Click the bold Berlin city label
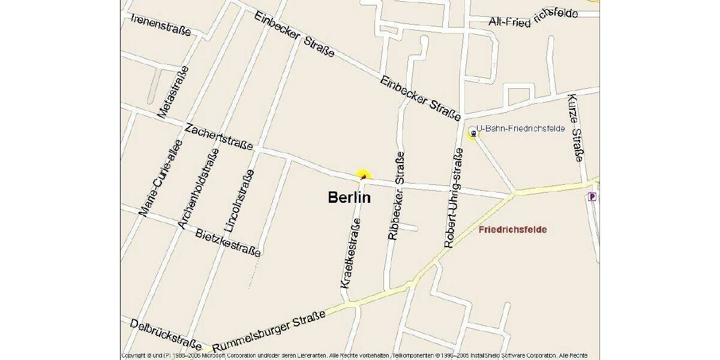tap(349, 197)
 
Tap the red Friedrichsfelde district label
tap(512, 229)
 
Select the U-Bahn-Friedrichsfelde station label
tap(520, 128)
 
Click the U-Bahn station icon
tap(473, 134)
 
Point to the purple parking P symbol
tap(592, 196)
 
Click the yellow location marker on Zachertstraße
tap(362, 175)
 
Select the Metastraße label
tap(173, 92)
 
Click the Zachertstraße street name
tap(218, 137)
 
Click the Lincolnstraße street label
tap(239, 200)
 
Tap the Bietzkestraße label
tap(228, 242)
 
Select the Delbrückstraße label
tap(166, 334)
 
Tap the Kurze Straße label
tap(575, 128)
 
